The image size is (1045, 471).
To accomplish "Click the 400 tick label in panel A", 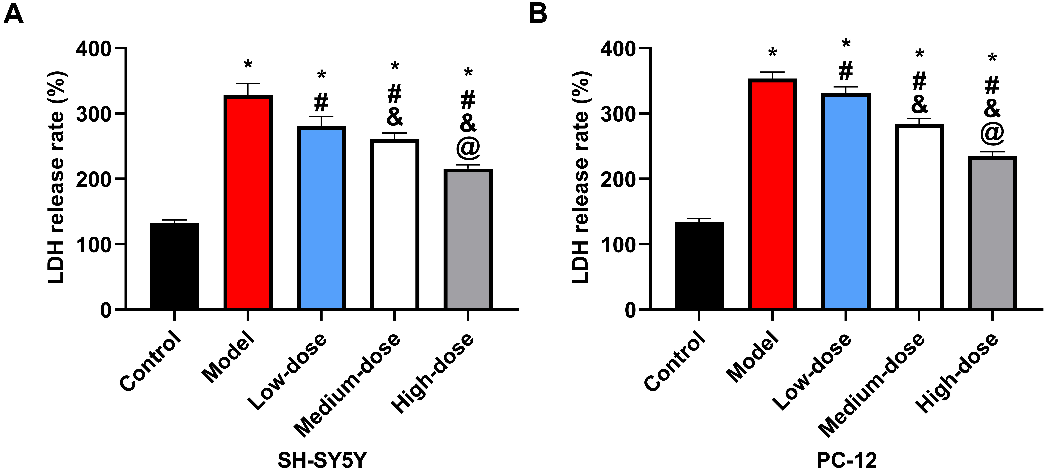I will [94, 49].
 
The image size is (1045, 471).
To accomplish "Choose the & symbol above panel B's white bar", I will [919, 105].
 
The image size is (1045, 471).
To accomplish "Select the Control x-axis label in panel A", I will [150, 361].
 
